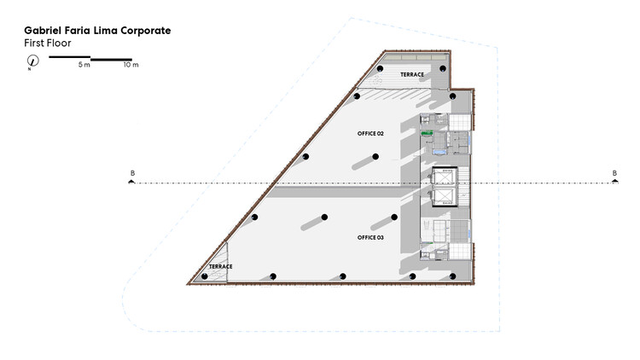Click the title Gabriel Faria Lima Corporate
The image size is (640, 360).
tap(97, 31)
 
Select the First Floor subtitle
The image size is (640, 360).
tap(47, 43)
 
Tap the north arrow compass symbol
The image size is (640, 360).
tap(32, 61)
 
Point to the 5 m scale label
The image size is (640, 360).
tap(84, 65)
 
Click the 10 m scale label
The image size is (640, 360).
tap(131, 65)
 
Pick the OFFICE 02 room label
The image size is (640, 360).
tap(370, 133)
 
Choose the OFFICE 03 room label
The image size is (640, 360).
tap(370, 237)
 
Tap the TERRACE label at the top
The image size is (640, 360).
tap(412, 75)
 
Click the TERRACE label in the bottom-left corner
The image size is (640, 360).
tap(220, 266)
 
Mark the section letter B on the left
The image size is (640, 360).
tap(132, 173)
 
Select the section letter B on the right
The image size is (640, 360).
tap(614, 173)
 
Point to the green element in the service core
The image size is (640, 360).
tap(427, 132)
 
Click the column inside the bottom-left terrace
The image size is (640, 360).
tap(205, 276)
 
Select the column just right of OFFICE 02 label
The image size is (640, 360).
tap(375, 156)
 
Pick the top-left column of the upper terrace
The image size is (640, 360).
tap(380, 68)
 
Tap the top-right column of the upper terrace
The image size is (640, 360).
tap(443, 68)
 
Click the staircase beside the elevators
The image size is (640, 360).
tap(463, 187)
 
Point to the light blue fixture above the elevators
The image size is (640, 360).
tap(439, 153)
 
